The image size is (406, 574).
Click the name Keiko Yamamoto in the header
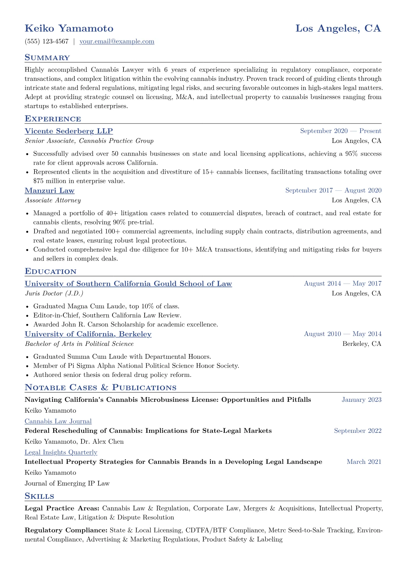tap(69, 28)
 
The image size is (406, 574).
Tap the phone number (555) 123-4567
tap(47, 42)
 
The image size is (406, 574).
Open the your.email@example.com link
tap(117, 42)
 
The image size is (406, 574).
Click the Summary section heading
tap(47, 58)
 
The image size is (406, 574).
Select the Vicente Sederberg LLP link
tap(69, 131)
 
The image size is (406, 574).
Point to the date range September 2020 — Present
tap(340, 131)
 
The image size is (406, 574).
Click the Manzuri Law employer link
tap(49, 191)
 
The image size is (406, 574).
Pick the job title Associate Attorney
tap(53, 201)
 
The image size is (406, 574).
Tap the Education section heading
tap(50, 271)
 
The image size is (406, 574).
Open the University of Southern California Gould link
tap(128, 284)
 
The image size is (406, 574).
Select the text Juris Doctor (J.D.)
tap(54, 294)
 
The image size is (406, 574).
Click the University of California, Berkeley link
tap(88, 334)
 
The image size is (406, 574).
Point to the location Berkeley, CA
tap(362, 344)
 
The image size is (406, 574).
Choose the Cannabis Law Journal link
tap(58, 422)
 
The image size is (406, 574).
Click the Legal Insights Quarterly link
tap(61, 453)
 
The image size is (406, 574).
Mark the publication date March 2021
tap(364, 462)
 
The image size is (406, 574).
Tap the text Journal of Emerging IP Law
tap(67, 483)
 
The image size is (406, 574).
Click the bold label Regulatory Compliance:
tap(66, 530)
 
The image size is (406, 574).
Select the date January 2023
tap(361, 400)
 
